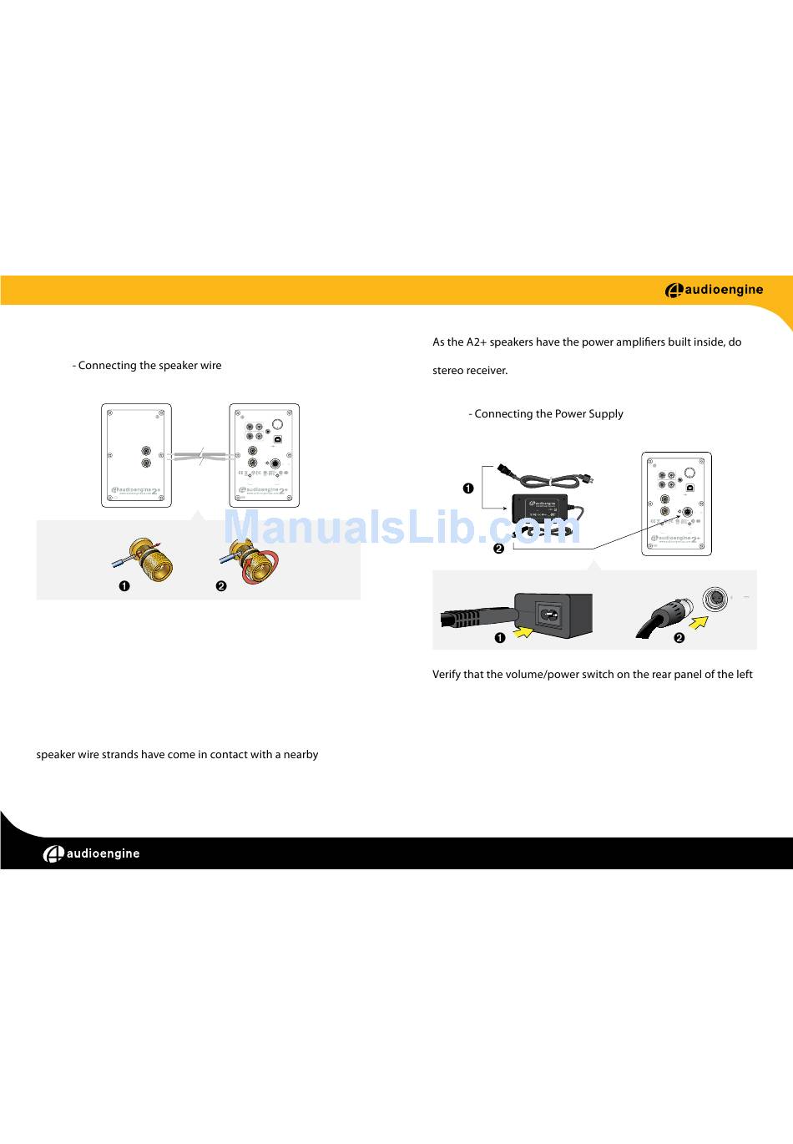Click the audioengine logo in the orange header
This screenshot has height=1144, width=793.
pyautogui.click(x=714, y=291)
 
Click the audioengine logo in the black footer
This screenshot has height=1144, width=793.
pyautogui.click(x=92, y=853)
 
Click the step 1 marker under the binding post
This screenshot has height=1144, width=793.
pyautogui.click(x=124, y=586)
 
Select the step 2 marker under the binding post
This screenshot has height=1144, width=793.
pyautogui.click(x=221, y=586)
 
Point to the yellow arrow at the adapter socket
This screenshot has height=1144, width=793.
pyautogui.click(x=523, y=633)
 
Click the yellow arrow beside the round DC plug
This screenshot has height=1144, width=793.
pyautogui.click(x=698, y=622)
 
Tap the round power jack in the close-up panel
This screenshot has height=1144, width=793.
pyautogui.click(x=715, y=599)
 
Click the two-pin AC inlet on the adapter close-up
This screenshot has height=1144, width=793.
pyautogui.click(x=550, y=615)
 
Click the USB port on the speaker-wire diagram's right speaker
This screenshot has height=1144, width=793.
pyautogui.click(x=277, y=438)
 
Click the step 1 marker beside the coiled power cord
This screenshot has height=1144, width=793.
pyautogui.click(x=468, y=488)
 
